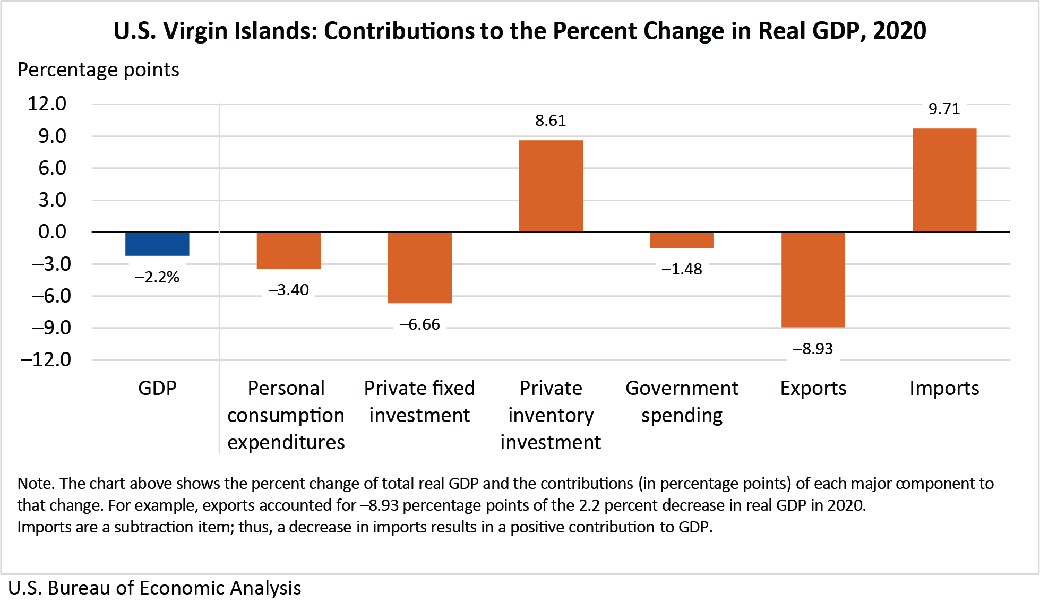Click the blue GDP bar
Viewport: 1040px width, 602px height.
pos(157,244)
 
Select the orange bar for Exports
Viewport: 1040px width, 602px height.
pos(813,280)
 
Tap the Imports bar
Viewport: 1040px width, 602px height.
pos(944,180)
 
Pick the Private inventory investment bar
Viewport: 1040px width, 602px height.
pos(551,186)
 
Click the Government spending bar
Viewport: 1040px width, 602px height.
pos(682,240)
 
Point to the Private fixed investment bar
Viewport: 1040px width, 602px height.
pos(419,268)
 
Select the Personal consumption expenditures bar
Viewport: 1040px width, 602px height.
pos(288,251)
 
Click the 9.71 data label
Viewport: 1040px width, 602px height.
pos(944,109)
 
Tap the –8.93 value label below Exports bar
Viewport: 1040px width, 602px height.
pos(813,349)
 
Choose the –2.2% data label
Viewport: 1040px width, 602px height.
pos(157,277)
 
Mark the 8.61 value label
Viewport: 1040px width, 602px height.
pos(551,121)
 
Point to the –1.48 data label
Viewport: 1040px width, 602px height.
pos(682,269)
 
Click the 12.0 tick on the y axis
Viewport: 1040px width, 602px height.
pos(47,104)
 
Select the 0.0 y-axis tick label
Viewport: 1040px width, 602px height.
pos(52,231)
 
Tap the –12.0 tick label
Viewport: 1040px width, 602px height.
pos(46,360)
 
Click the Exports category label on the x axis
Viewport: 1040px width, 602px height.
pos(813,389)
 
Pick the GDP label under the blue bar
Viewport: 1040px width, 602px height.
pos(157,389)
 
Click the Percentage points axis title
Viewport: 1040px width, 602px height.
pos(98,70)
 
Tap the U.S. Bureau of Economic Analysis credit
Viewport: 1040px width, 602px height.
pos(154,588)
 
